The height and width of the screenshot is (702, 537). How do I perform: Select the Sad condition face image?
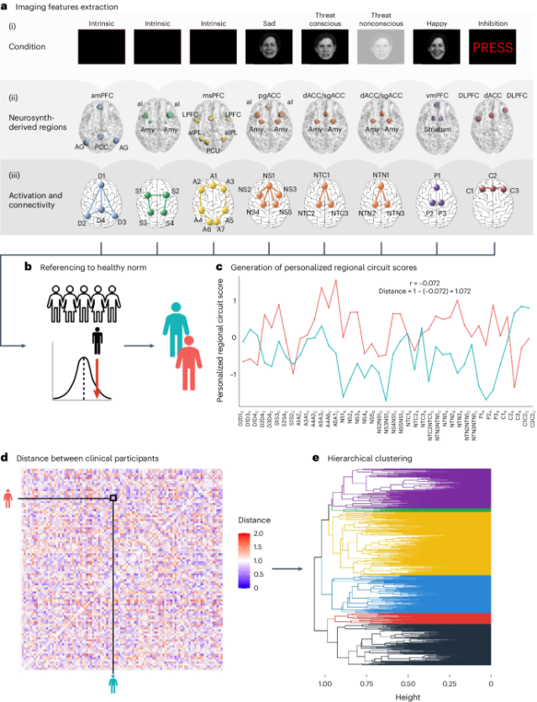pos(269,48)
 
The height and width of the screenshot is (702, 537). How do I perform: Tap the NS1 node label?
pos(269,174)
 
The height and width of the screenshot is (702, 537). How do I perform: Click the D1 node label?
pos(102,174)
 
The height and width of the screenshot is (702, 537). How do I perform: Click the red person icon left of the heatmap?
pos(8,499)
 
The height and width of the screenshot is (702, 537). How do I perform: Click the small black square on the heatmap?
pos(113,499)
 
